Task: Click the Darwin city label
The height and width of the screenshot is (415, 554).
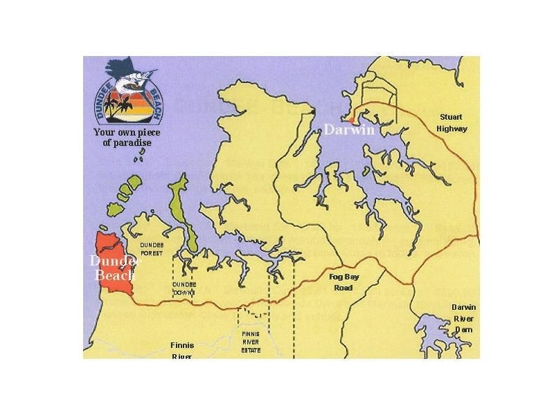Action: tap(348, 129)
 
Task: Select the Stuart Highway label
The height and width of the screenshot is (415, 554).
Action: tap(452, 122)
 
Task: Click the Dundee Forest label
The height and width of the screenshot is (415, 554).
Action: tap(151, 249)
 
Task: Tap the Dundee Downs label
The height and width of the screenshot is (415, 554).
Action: tap(184, 288)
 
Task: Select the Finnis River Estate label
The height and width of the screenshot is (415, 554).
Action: tap(251, 342)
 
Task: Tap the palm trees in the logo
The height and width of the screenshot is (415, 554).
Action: tap(125, 105)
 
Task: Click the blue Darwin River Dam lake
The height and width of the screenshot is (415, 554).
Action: tap(436, 340)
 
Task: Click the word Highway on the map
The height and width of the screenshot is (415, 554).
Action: tap(452, 129)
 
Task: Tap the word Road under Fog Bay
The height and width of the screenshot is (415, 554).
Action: tap(341, 288)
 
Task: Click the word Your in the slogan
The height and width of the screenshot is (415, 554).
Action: tap(105, 132)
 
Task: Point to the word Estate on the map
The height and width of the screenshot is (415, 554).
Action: tap(251, 350)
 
